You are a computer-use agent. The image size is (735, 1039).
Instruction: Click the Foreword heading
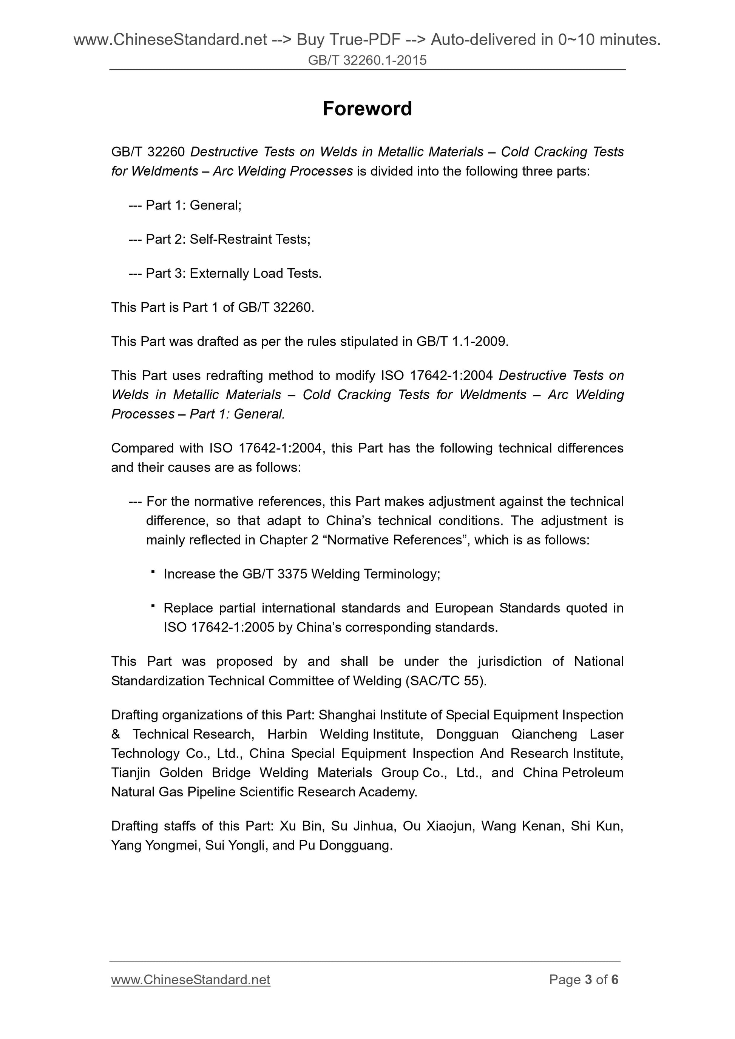tap(367, 109)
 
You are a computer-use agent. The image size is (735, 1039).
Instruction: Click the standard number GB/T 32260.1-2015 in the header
tap(367, 60)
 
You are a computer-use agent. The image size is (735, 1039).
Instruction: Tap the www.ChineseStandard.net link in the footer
tap(190, 979)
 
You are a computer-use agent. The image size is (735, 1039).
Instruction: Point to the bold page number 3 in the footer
tap(588, 979)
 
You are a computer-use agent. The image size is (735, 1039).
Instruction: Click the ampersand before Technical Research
tap(116, 734)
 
